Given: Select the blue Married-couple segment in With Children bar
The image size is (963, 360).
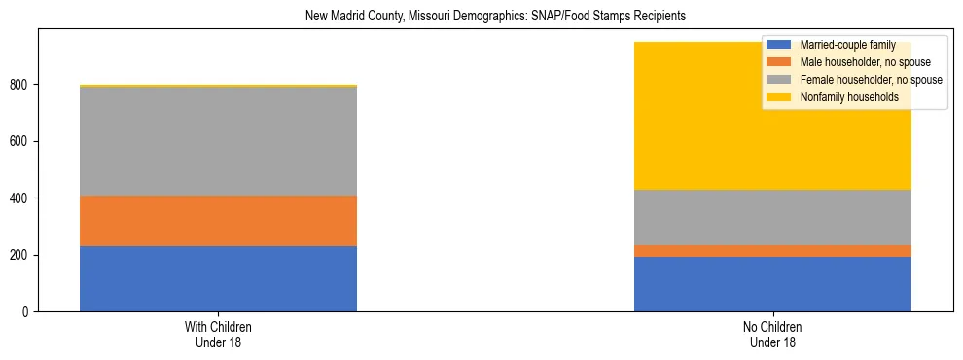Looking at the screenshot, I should (x=218, y=278).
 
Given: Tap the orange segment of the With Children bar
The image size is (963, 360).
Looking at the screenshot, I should (x=218, y=221).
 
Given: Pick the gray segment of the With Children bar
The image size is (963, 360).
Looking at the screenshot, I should (x=218, y=141).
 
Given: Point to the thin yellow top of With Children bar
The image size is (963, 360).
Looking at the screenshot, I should (x=218, y=86).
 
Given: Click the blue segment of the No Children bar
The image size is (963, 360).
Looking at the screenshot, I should (x=772, y=284).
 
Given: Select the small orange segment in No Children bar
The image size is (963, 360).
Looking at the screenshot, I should (x=772, y=251).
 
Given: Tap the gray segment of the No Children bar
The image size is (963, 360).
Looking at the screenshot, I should (x=772, y=217).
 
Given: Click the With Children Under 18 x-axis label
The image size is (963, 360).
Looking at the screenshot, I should (x=218, y=334).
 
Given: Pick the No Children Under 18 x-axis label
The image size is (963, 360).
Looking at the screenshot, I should (x=772, y=334).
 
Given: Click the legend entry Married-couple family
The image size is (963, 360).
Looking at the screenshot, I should (x=845, y=45).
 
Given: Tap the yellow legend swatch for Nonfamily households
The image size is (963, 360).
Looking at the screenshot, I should (x=779, y=97).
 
